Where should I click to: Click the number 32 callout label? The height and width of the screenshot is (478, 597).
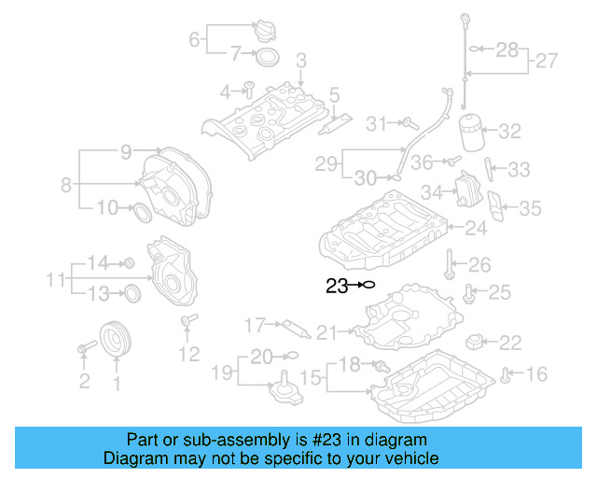pyautogui.click(x=509, y=132)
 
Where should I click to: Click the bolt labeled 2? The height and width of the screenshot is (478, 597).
pyautogui.click(x=83, y=349)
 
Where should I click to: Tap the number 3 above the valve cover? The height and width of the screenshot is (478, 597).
pyautogui.click(x=300, y=61)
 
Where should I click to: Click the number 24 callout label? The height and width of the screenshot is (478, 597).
pyautogui.click(x=476, y=227)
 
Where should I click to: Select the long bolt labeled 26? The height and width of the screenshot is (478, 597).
pyautogui.click(x=449, y=262)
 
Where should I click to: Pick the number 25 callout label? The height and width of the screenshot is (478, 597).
pyautogui.click(x=500, y=293)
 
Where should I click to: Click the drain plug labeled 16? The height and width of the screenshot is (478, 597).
pyautogui.click(x=505, y=375)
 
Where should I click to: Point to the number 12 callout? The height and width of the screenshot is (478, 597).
pyautogui.click(x=188, y=354)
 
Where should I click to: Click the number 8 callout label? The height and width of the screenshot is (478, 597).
pyautogui.click(x=66, y=185)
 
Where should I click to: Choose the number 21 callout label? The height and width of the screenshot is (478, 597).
pyautogui.click(x=326, y=331)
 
